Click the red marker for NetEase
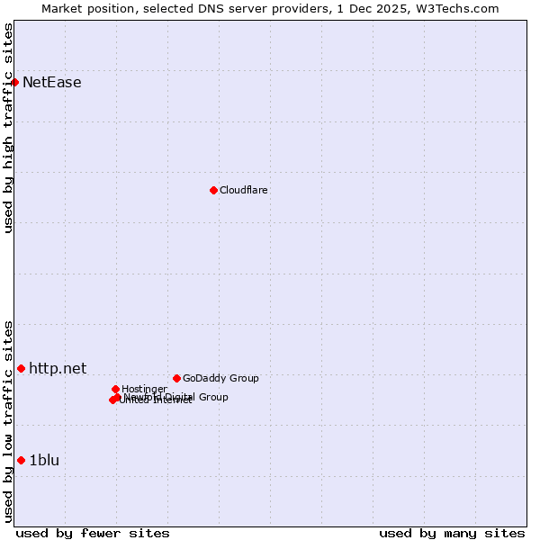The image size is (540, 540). [x=14, y=82]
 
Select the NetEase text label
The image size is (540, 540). [x=51, y=83]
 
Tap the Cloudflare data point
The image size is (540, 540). [x=213, y=190]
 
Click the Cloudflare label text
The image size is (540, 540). [x=243, y=190]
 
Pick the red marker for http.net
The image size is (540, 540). [x=21, y=368]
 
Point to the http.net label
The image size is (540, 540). [x=58, y=368]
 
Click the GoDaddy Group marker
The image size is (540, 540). [x=176, y=378]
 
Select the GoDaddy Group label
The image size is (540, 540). [x=220, y=378]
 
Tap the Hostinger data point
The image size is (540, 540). [x=115, y=389]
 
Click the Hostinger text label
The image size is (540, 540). [x=144, y=389]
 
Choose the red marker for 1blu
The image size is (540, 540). [x=21, y=460]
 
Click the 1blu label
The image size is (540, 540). [x=44, y=460]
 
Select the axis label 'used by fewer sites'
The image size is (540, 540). [x=93, y=533]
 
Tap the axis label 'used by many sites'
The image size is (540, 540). [x=452, y=533]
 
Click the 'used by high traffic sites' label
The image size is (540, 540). [x=8, y=128]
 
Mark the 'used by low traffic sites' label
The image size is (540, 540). [x=8, y=421]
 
